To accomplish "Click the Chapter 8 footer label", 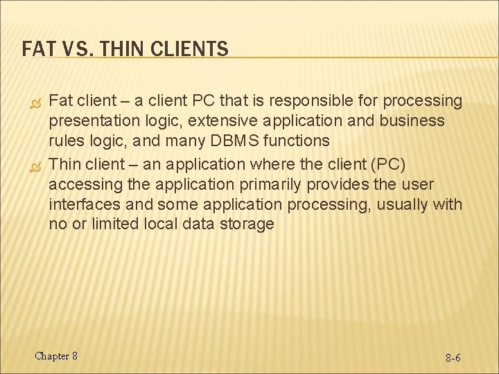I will (56, 356).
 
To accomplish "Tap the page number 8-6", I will (453, 358).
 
